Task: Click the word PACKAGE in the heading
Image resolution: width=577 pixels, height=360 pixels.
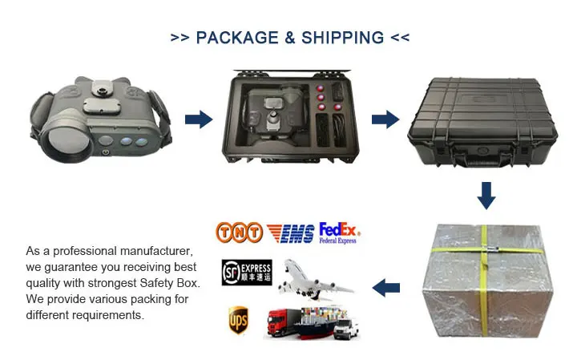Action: (x=238, y=38)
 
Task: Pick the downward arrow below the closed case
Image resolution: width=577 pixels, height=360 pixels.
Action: (x=486, y=195)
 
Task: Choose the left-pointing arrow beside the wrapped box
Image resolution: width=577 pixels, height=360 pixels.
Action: (x=388, y=285)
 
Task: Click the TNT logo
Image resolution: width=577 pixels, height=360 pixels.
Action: (x=239, y=233)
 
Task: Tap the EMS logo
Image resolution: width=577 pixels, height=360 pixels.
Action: (x=290, y=233)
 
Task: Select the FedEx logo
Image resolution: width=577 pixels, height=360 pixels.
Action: (x=340, y=233)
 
